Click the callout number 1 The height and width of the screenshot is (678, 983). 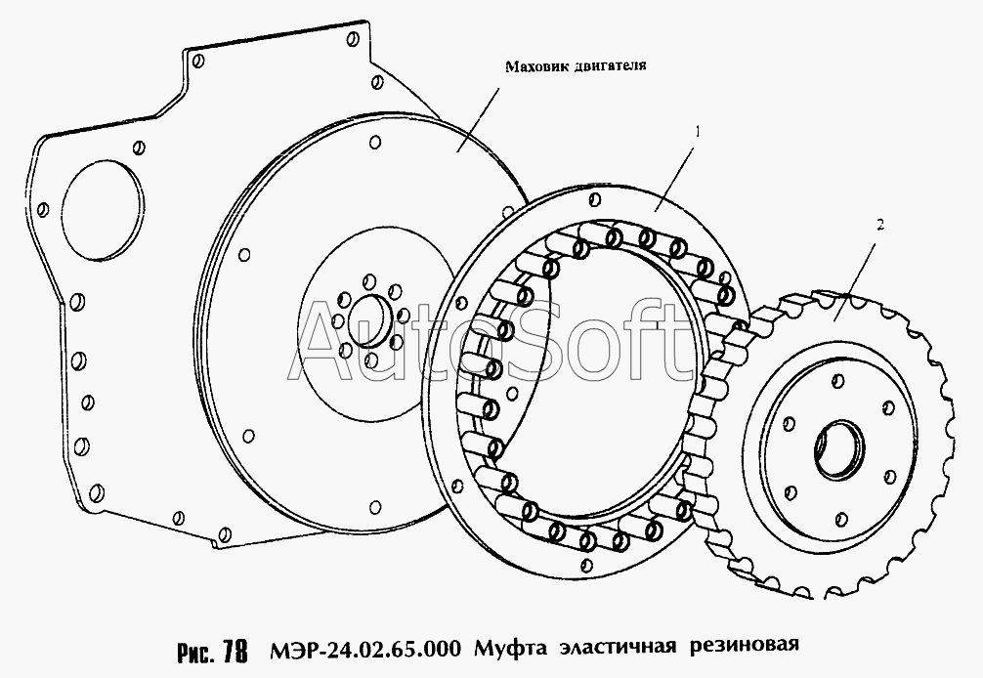(697, 132)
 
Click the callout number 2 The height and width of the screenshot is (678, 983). (880, 226)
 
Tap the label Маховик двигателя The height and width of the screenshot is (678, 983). (577, 66)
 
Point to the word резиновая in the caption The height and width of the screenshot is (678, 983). (745, 647)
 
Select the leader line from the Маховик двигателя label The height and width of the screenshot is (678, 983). (478, 119)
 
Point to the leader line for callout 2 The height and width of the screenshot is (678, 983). (855, 276)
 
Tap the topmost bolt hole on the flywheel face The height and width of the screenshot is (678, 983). (375, 143)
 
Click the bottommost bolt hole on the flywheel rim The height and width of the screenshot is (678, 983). (375, 506)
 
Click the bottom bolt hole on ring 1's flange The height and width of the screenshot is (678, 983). (586, 566)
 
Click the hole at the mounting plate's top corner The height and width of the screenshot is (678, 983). (353, 40)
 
